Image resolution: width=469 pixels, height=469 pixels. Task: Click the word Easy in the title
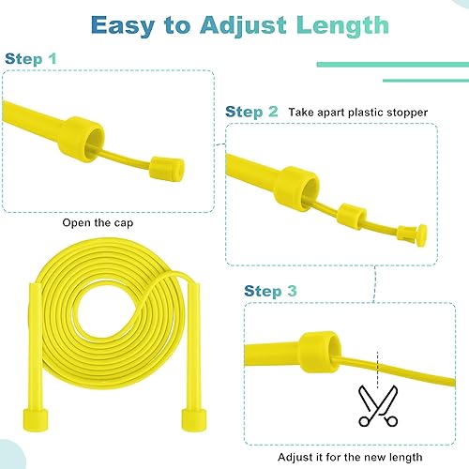pyautogui.click(x=129, y=24)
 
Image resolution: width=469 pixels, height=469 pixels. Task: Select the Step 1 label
pyautogui.click(x=30, y=59)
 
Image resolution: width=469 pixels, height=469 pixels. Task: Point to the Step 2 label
pyautogui.click(x=250, y=111)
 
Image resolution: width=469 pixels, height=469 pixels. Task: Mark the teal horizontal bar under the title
pyautogui.click(x=389, y=64)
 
